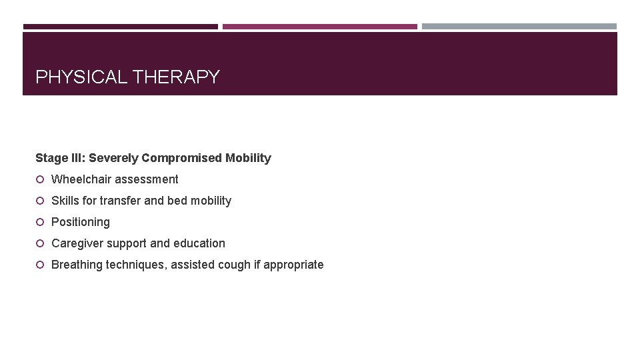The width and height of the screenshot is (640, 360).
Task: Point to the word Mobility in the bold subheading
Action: (x=248, y=158)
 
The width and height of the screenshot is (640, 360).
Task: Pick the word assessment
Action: (x=147, y=179)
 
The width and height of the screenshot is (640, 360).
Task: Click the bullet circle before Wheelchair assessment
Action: (x=40, y=179)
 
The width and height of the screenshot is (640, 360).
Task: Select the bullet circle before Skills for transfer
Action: (x=40, y=201)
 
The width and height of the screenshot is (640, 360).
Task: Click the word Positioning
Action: (x=81, y=222)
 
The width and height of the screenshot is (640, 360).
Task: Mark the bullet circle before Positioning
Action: (x=40, y=222)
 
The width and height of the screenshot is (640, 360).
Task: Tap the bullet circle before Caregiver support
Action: (x=40, y=243)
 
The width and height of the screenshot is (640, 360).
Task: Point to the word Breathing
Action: (x=77, y=265)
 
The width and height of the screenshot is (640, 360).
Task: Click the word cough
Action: (x=233, y=265)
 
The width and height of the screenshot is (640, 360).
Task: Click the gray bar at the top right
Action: (x=519, y=27)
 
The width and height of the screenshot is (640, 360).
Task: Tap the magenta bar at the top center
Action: (x=320, y=27)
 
